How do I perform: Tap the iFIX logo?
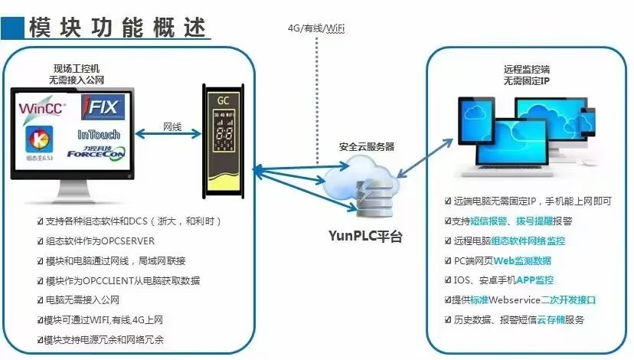[x=100, y=105]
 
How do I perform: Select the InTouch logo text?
[x=100, y=134]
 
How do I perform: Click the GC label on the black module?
[x=223, y=101]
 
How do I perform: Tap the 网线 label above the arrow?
[x=172, y=126]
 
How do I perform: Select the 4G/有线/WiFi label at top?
[x=315, y=28]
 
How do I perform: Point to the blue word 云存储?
[x=556, y=319]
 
